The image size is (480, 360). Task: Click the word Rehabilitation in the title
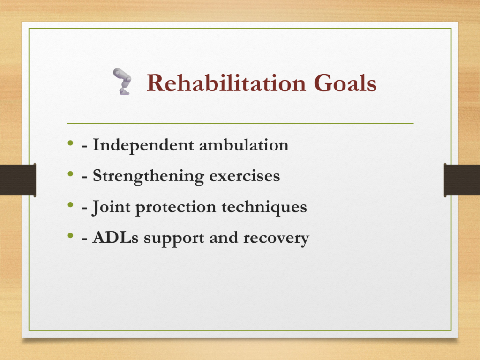coord(226,82)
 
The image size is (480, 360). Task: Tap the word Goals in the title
coord(345,82)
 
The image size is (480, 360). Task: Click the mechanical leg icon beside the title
coord(122,81)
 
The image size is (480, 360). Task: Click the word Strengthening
coord(148,176)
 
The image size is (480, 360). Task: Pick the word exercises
coord(245,176)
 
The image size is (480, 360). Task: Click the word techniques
coord(264,207)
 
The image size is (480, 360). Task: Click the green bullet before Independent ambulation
coord(71,142)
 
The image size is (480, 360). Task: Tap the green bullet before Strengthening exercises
coord(71,174)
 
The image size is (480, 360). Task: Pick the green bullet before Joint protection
coord(71,205)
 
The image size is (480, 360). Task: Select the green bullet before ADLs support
coord(71,236)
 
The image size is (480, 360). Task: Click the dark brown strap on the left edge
coord(18,180)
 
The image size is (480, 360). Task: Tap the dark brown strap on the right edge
coord(462,180)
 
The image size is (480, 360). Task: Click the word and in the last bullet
coord(224,238)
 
